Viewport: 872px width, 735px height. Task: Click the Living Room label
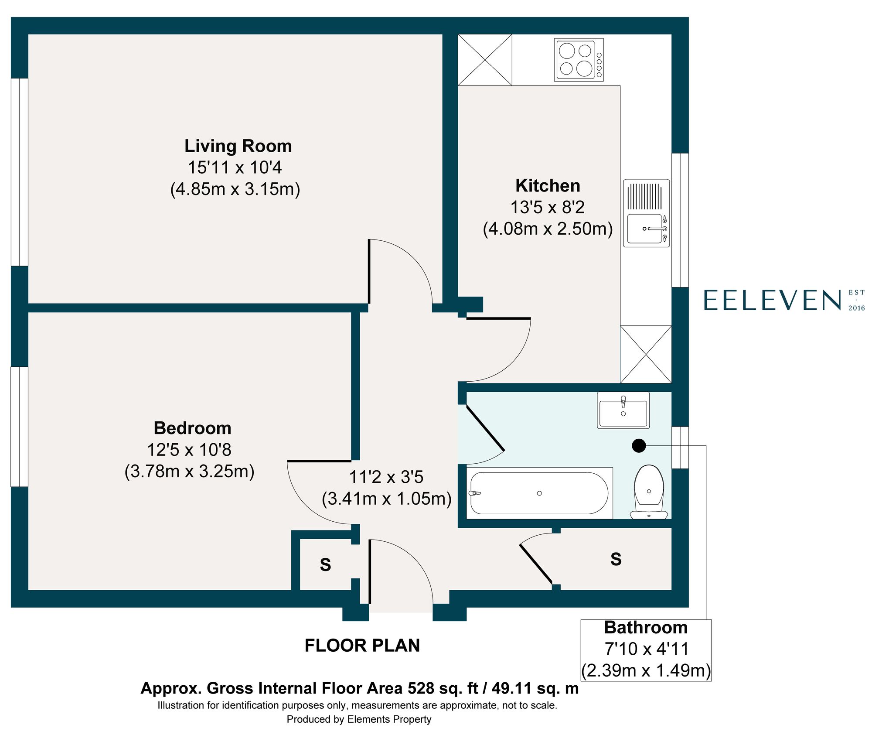click(238, 146)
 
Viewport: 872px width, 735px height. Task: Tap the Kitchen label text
click(548, 186)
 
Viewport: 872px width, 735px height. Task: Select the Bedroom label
click(192, 428)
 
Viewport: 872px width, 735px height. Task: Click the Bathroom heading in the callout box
click(646, 628)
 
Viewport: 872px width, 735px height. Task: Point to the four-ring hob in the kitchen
click(578, 60)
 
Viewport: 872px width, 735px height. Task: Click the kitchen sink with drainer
click(646, 213)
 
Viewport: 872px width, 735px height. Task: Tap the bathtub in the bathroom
click(539, 493)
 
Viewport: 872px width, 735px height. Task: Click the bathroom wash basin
click(623, 410)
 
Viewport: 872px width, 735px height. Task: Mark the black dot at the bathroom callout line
click(639, 445)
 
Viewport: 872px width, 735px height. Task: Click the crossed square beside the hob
click(485, 60)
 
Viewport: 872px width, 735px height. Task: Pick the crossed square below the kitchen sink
click(646, 354)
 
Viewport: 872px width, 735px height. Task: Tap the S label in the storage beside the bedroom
click(325, 564)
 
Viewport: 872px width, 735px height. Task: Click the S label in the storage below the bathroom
click(616, 559)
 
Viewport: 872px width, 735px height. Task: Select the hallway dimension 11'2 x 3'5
click(386, 477)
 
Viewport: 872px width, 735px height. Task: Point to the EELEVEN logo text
click(772, 301)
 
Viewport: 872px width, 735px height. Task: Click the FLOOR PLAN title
click(362, 646)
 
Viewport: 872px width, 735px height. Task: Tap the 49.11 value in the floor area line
click(512, 688)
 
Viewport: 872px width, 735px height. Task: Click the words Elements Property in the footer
click(389, 719)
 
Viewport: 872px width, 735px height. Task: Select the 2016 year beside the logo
click(856, 308)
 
